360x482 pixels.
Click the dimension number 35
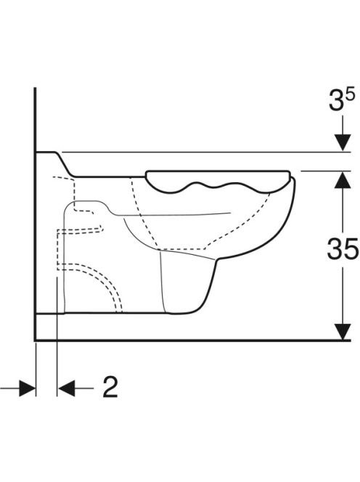343,248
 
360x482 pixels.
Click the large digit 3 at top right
336,100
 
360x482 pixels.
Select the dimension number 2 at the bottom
110,387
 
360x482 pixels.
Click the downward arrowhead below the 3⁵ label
343,142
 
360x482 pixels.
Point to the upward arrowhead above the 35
343,180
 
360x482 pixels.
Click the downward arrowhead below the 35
343,331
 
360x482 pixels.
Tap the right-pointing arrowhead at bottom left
28,388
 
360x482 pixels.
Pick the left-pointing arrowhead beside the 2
66,388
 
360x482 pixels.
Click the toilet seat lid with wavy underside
218,180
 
